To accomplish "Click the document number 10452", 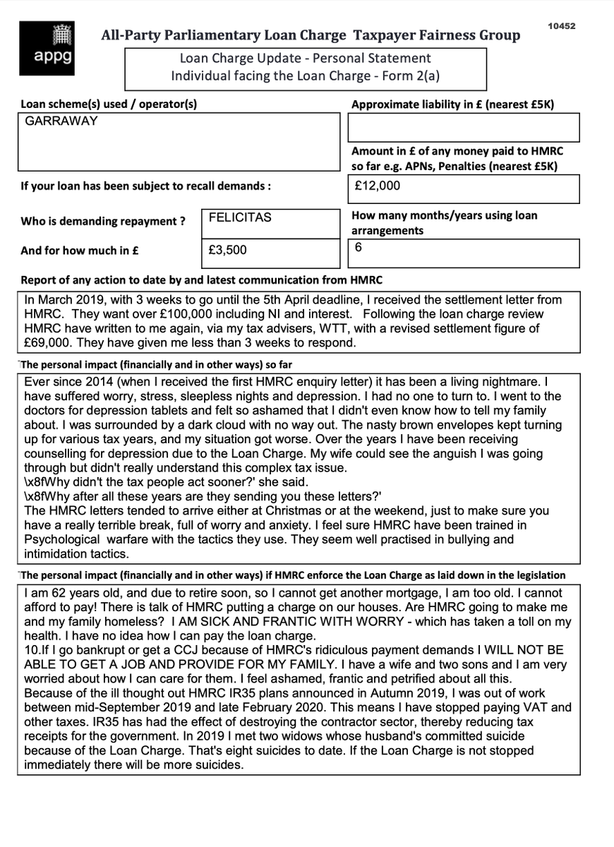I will [x=562, y=26].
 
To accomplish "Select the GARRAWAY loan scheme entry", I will [x=61, y=121].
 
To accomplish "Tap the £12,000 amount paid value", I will [x=378, y=186].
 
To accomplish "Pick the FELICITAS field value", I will [x=239, y=218].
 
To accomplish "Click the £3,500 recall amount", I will [x=228, y=251].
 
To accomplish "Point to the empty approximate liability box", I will [x=463, y=128].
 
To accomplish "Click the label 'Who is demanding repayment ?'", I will [x=103, y=221].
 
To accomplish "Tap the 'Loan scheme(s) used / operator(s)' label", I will [x=109, y=104].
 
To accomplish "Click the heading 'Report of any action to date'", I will [x=201, y=280].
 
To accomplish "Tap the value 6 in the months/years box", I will [x=359, y=248].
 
